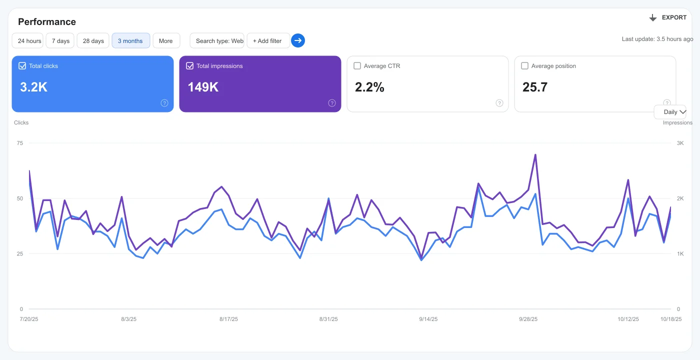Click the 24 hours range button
(27, 41)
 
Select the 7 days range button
(60, 41)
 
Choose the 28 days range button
(93, 41)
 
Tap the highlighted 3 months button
(130, 41)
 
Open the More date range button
(166, 41)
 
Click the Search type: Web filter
(217, 41)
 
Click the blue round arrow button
(298, 40)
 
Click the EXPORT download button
(667, 17)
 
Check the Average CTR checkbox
(357, 65)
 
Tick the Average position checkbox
(524, 65)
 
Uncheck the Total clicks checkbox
(22, 65)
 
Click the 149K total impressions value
(203, 87)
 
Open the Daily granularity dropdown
(670, 112)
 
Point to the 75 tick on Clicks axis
(20, 143)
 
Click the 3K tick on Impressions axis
(680, 143)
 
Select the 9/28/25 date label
(528, 319)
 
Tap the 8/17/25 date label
(228, 319)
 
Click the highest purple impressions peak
(535, 154)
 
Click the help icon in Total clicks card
(164, 103)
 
